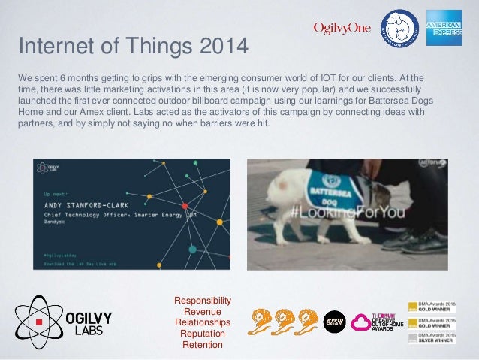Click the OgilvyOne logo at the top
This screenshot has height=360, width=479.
(342, 29)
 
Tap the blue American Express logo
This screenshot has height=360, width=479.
(444, 29)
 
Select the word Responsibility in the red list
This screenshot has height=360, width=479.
(203, 301)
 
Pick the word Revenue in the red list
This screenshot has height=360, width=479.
(203, 312)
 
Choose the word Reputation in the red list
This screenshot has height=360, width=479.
(203, 334)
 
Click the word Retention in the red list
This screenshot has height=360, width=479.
(203, 345)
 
